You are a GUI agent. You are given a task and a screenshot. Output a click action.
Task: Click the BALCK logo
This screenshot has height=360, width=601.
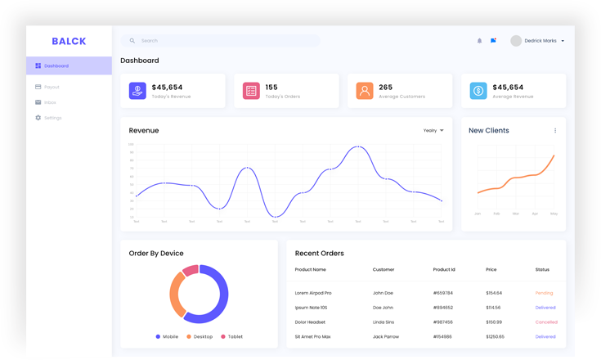69,41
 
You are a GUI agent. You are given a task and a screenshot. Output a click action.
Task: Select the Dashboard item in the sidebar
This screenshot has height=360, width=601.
56,65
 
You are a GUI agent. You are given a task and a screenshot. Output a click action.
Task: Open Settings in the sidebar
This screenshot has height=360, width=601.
52,118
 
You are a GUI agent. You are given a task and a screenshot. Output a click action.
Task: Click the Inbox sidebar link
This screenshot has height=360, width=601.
50,102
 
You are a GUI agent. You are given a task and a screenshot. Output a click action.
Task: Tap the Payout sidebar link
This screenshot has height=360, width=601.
51,87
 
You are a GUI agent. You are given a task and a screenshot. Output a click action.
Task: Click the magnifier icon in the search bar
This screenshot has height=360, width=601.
132,40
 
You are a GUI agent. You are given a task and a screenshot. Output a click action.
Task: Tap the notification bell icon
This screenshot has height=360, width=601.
480,40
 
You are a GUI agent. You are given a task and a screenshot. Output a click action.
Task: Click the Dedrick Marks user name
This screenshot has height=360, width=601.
540,40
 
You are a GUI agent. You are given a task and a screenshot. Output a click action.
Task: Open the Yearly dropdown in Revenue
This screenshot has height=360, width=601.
433,130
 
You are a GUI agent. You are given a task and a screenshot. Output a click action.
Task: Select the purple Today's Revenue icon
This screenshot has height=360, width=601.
137,91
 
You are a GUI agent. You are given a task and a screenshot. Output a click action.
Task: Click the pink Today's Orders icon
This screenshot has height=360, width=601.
251,91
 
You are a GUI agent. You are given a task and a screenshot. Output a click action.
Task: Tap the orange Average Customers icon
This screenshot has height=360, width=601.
365,91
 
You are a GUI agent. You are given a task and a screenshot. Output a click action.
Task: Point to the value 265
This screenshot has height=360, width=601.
386,87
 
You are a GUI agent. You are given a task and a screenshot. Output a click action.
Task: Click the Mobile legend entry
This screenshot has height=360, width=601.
167,336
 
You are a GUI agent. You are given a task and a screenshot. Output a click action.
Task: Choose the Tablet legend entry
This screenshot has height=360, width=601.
231,336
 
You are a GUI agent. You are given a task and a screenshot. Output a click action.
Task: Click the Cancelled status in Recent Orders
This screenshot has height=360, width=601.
546,322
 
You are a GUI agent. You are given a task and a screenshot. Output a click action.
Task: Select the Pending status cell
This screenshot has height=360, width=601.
545,292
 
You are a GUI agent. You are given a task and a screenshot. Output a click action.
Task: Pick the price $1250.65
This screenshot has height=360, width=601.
495,336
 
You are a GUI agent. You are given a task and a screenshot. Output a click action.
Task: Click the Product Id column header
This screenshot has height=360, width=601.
444,269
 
